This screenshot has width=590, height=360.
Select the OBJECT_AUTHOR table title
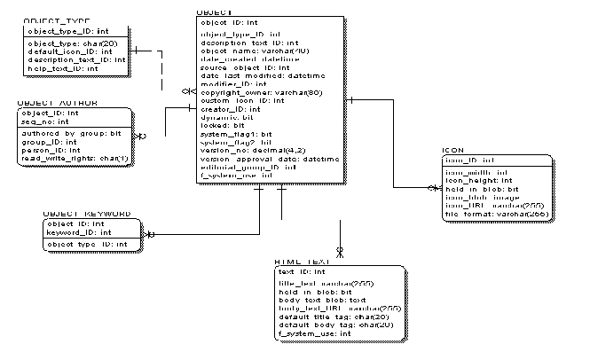[x=57, y=103]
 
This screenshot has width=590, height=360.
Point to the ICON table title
[x=452, y=150]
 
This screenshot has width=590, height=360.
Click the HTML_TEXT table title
[x=302, y=262]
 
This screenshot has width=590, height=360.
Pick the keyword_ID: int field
[x=71, y=232]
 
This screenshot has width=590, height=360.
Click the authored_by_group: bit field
[x=71, y=133]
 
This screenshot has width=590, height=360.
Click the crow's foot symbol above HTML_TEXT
[x=339, y=252]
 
